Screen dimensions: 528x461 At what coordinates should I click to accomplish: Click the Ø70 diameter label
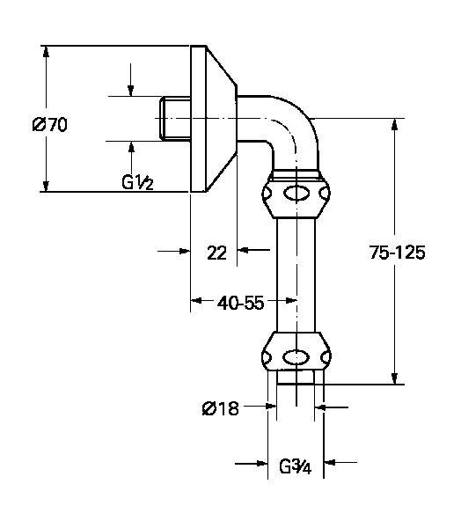tap(50, 125)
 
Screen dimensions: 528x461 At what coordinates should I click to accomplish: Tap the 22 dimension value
tap(217, 253)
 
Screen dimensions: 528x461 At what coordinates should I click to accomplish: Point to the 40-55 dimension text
tap(240, 304)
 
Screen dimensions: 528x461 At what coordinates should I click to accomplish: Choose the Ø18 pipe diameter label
tap(220, 407)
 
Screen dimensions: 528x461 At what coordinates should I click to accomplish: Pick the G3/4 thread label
tap(296, 463)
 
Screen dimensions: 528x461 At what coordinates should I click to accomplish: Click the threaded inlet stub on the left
tap(173, 119)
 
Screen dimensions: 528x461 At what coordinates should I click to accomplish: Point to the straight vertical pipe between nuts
tap(297, 273)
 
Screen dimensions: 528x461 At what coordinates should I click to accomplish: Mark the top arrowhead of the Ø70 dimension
tap(44, 52)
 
